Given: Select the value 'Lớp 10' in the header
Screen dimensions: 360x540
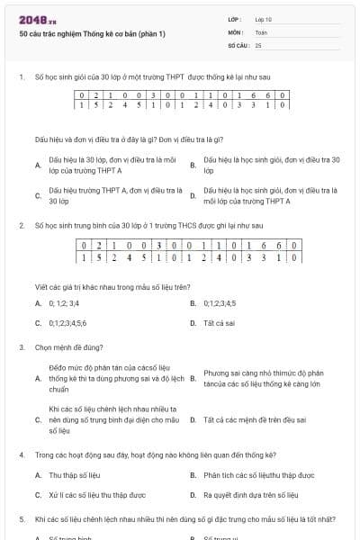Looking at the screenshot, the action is (263, 19).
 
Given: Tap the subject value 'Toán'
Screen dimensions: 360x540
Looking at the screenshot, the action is (260, 31).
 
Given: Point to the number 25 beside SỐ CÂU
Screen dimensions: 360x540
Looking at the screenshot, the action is (258, 44).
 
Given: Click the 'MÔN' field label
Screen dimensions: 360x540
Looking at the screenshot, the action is (236, 31).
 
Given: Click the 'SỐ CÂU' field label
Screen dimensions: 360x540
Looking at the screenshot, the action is (238, 44).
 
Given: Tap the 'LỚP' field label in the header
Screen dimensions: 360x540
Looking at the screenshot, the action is (235, 19).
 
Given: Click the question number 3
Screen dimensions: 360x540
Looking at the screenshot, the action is (22, 346).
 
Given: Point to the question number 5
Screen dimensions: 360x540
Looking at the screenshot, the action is (22, 519).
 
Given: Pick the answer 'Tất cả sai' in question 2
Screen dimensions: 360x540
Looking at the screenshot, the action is (220, 322).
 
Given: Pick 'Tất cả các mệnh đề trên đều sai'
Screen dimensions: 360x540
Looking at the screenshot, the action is (253, 419).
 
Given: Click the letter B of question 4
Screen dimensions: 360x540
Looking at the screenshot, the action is (193, 474).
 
